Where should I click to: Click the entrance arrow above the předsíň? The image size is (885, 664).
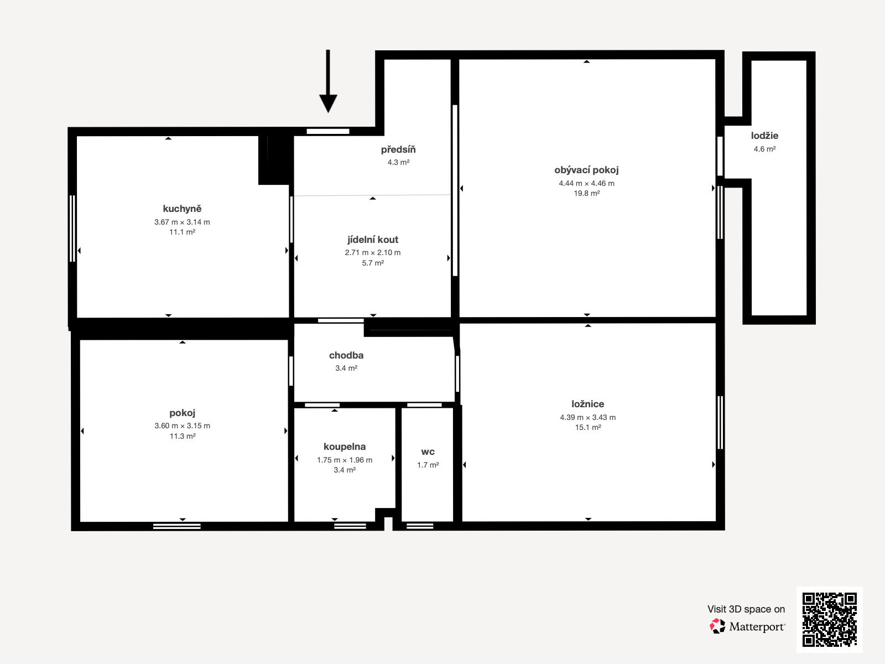(x=328, y=83)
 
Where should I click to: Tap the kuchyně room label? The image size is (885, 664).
(x=182, y=209)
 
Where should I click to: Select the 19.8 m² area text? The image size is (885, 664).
(x=586, y=193)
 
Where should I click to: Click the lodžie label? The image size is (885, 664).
(x=764, y=136)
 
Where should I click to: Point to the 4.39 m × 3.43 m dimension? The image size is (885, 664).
(x=587, y=417)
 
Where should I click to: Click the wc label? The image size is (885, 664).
(x=428, y=452)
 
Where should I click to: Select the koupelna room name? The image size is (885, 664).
(x=344, y=447)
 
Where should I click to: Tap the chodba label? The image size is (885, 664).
(x=346, y=355)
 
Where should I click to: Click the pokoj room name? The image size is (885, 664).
(x=182, y=413)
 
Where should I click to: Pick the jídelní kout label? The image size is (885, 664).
(x=373, y=240)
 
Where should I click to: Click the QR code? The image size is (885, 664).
(x=829, y=619)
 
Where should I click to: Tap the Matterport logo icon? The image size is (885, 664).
(x=717, y=626)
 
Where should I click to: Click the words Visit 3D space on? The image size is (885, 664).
(x=746, y=609)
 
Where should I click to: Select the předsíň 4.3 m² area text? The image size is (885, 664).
(x=398, y=162)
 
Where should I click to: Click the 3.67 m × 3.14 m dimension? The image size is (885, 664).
(x=182, y=222)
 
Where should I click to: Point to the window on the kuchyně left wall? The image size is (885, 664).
(x=72, y=228)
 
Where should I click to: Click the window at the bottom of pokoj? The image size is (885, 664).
(x=177, y=526)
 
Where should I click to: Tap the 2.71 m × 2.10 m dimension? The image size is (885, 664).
(x=373, y=252)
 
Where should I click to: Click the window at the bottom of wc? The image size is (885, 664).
(x=420, y=526)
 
